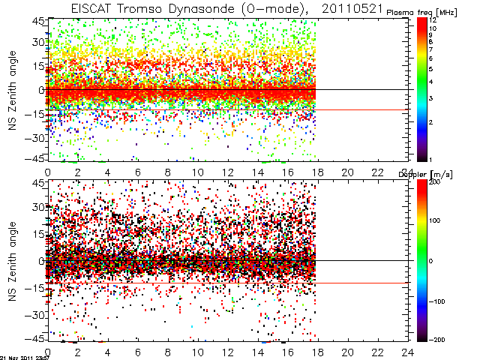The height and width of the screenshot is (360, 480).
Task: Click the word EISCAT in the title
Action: point(92,8)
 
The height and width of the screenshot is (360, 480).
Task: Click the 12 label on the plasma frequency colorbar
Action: point(433,20)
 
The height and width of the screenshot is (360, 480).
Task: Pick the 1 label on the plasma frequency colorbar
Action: point(433,158)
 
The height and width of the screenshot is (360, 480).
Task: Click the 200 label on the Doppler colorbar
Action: point(435,182)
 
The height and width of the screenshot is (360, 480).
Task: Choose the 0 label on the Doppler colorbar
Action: point(433,260)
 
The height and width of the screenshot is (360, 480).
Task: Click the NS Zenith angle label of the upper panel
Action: point(13,89)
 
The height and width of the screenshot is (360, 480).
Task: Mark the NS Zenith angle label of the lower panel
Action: point(13,260)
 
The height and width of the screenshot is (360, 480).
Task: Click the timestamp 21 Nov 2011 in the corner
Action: point(15,357)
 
